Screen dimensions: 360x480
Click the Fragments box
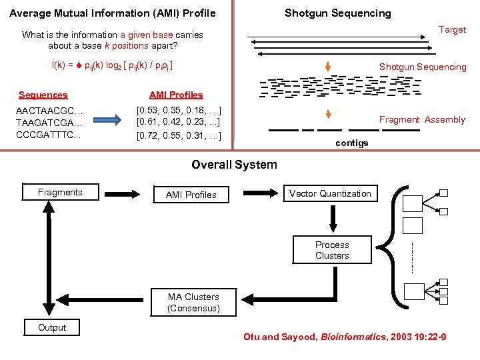61,193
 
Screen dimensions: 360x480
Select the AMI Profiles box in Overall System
191,195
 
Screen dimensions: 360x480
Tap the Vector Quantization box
330,193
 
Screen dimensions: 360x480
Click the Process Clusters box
332,250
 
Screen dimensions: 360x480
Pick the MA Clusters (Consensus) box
193,303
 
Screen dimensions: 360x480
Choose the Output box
52,327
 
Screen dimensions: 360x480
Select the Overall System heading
234,165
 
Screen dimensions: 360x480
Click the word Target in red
452,29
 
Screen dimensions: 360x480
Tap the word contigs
352,143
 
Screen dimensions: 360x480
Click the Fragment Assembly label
422,120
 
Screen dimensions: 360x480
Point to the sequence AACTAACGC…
49,110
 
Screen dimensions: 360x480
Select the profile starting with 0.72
178,136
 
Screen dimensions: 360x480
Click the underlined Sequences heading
43,95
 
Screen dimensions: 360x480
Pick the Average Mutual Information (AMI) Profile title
113,13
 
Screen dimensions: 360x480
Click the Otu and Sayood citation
345,337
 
